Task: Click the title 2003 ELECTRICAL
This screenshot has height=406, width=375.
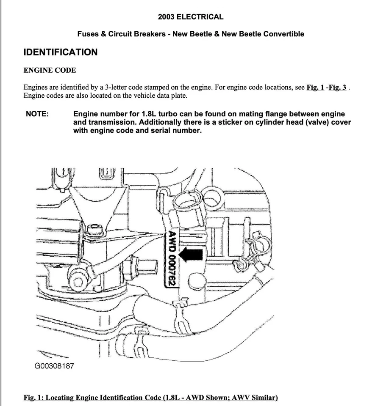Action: coord(190,17)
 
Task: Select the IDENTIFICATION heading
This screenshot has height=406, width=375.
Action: coord(60,52)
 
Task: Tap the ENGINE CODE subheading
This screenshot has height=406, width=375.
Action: coord(50,70)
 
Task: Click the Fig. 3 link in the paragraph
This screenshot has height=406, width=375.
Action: coord(339,88)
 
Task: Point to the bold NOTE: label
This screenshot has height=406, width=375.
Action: coord(37,114)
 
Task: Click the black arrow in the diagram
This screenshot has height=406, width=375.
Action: coord(191,255)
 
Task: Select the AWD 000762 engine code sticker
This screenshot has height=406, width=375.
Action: coord(172,259)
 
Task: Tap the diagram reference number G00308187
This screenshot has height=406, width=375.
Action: coord(54,365)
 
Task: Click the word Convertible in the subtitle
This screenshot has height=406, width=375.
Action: coord(283,34)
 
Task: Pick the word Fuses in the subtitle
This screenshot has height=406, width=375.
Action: coord(87,34)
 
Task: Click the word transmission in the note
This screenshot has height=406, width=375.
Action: coord(109,122)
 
